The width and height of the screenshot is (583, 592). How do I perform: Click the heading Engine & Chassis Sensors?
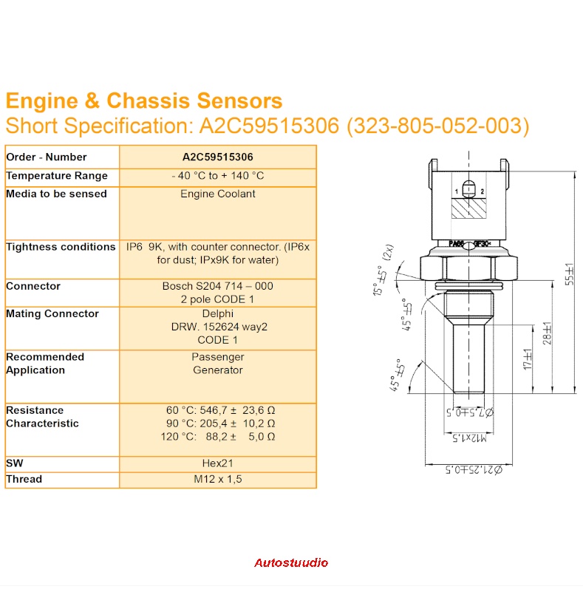(x=144, y=101)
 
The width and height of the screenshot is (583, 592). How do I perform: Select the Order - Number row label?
(x=47, y=157)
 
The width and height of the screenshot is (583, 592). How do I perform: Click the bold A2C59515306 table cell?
(x=217, y=157)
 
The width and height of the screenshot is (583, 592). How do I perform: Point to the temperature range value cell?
(x=217, y=176)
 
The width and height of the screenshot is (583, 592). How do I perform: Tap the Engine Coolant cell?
(x=217, y=194)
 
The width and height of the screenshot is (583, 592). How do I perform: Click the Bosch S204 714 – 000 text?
(x=217, y=286)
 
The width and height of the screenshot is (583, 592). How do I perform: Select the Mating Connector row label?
(x=52, y=313)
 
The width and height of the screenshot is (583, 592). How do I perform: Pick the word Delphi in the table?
(x=217, y=313)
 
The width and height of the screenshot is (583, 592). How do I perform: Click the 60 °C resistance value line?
(x=220, y=409)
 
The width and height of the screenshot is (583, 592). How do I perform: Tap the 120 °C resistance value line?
(x=220, y=436)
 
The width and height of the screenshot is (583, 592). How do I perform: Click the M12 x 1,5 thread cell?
(x=217, y=479)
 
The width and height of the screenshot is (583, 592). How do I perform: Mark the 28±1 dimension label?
(x=547, y=333)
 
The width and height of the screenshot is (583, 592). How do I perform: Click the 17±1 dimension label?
(x=528, y=360)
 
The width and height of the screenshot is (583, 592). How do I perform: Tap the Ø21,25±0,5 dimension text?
(x=473, y=469)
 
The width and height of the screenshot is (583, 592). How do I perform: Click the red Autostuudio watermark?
(x=291, y=563)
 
